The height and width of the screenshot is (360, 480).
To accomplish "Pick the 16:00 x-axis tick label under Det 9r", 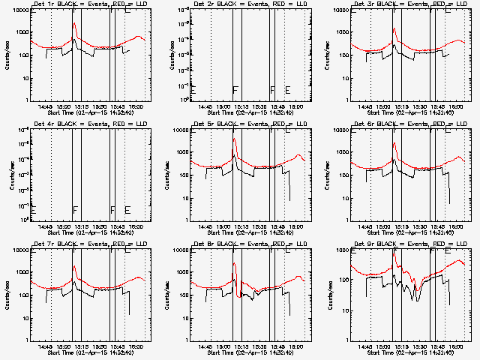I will (x=456, y=346).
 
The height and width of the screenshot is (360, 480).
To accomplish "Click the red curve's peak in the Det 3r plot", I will (x=394, y=29).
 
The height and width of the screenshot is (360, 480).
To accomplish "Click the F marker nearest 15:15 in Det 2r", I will (x=235, y=90).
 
